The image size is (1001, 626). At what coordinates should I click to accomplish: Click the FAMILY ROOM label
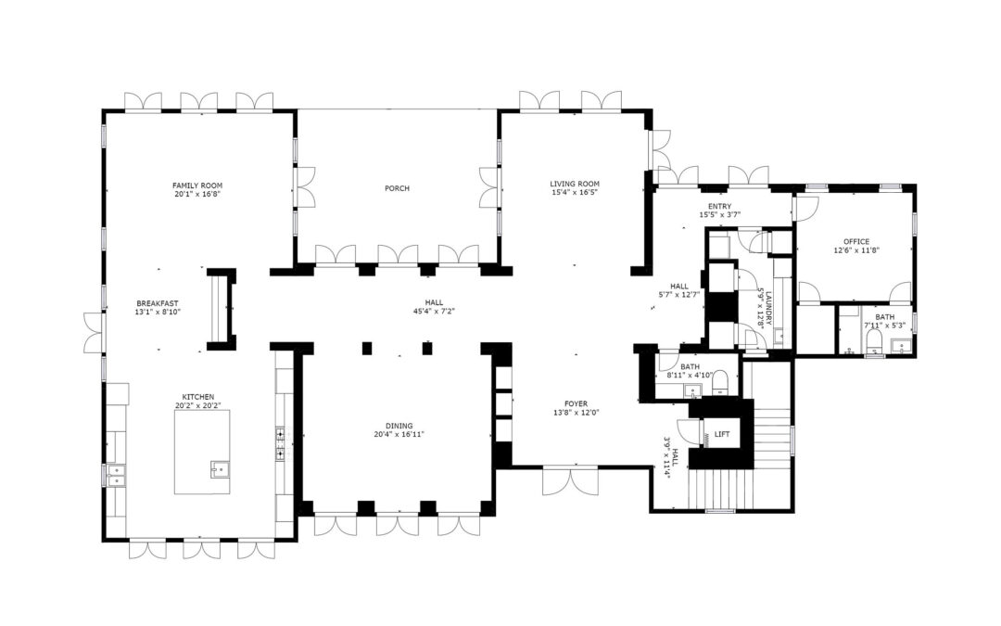pos(197,185)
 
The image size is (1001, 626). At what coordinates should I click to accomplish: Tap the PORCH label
pos(397,187)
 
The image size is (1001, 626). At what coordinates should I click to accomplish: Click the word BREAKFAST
pos(157,303)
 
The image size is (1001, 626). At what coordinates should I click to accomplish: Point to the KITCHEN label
pos(198,397)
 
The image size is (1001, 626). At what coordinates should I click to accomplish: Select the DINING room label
pos(399,426)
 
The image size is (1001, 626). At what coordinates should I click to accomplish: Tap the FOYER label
pos(576,403)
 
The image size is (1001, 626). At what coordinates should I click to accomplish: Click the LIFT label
pos(722,434)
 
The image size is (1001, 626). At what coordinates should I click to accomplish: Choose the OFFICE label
pos(856,241)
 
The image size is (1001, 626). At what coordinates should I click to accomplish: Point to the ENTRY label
pos(719,206)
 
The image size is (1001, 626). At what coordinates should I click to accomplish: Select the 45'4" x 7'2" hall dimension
pos(434,312)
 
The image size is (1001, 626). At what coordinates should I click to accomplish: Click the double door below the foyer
pos(571,481)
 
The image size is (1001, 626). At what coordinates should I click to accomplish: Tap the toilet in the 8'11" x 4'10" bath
pos(720,381)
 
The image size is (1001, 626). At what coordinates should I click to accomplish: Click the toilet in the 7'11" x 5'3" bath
pos(875,341)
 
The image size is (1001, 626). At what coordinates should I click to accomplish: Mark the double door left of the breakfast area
pos(94,332)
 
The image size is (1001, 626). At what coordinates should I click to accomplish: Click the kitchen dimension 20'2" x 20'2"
pos(198,405)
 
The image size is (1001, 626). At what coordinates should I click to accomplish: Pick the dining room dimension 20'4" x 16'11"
pos(399,434)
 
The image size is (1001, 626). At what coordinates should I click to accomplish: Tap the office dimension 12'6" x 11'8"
pos(856,250)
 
